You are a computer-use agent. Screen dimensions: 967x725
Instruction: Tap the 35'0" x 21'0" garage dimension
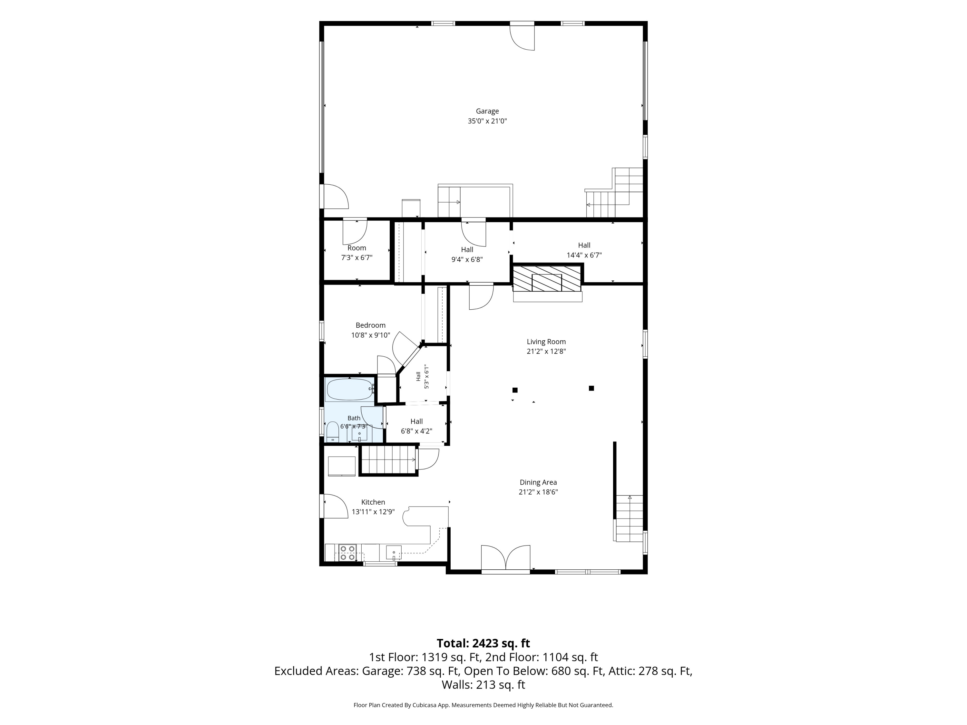pyautogui.click(x=487, y=121)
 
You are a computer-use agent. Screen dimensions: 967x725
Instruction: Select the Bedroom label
pyautogui.click(x=370, y=325)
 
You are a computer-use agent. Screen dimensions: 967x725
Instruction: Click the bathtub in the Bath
pyautogui.click(x=349, y=389)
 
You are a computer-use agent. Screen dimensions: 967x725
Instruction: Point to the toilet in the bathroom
pyautogui.click(x=333, y=431)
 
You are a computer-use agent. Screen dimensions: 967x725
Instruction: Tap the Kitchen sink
pyautogui.click(x=394, y=552)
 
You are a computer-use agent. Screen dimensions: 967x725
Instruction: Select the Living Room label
pyautogui.click(x=546, y=342)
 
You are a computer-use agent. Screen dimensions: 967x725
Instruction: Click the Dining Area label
pyautogui.click(x=538, y=482)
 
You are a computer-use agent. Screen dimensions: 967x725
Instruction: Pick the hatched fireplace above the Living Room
pyautogui.click(x=547, y=278)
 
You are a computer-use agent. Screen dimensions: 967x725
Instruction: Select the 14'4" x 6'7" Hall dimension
pyautogui.click(x=584, y=255)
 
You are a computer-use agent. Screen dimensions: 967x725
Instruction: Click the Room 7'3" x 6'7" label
pyautogui.click(x=357, y=253)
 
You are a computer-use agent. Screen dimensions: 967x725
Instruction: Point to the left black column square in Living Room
pyautogui.click(x=515, y=390)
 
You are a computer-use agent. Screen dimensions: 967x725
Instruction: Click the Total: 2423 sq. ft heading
pyautogui.click(x=483, y=643)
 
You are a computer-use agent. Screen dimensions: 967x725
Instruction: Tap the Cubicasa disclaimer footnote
pyautogui.click(x=483, y=705)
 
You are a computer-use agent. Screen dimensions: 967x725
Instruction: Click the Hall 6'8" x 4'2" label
pyautogui.click(x=416, y=426)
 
